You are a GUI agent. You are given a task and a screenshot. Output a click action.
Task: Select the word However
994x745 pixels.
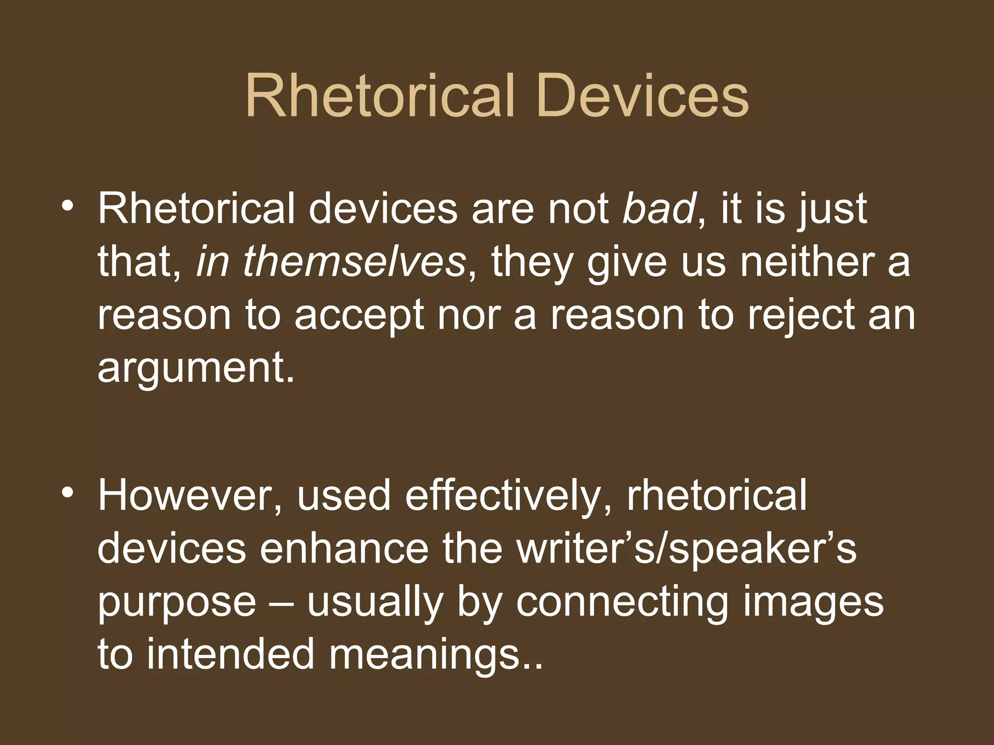click(x=190, y=496)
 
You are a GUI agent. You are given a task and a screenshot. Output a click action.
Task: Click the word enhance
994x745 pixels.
click(x=344, y=549)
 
